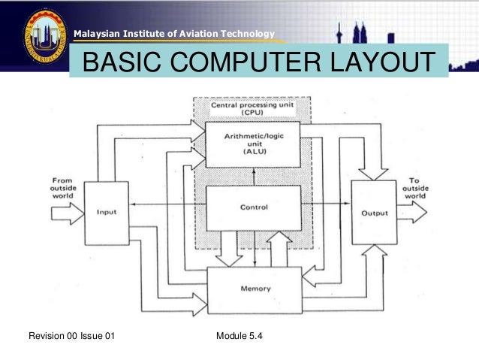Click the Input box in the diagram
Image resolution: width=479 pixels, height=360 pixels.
point(106,212)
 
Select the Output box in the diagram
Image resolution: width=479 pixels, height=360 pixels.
point(374,213)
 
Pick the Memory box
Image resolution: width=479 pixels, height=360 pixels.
point(256,289)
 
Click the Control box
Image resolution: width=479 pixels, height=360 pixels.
point(252,208)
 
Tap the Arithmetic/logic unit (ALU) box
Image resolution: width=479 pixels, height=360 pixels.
point(252,143)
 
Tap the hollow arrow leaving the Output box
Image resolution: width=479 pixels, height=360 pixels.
point(414,213)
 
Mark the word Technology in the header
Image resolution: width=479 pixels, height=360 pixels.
point(249,32)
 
